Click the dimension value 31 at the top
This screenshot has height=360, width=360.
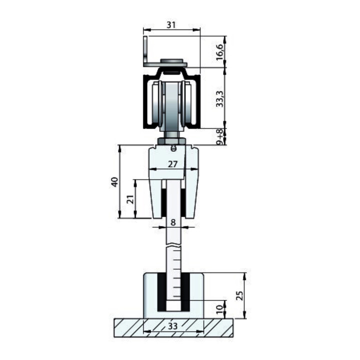tap(171, 25)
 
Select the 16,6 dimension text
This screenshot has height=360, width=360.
tap(219, 52)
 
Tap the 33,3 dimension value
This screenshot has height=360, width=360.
tap(219, 98)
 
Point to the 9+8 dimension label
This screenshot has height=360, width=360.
tap(219, 136)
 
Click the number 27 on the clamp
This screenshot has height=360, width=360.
tap(172, 164)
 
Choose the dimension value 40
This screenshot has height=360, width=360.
tap(115, 182)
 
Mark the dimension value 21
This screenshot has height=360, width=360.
tap(130, 199)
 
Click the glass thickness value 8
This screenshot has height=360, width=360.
tap(173, 222)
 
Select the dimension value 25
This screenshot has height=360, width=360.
tap(239, 295)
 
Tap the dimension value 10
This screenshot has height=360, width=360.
tap(219, 309)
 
